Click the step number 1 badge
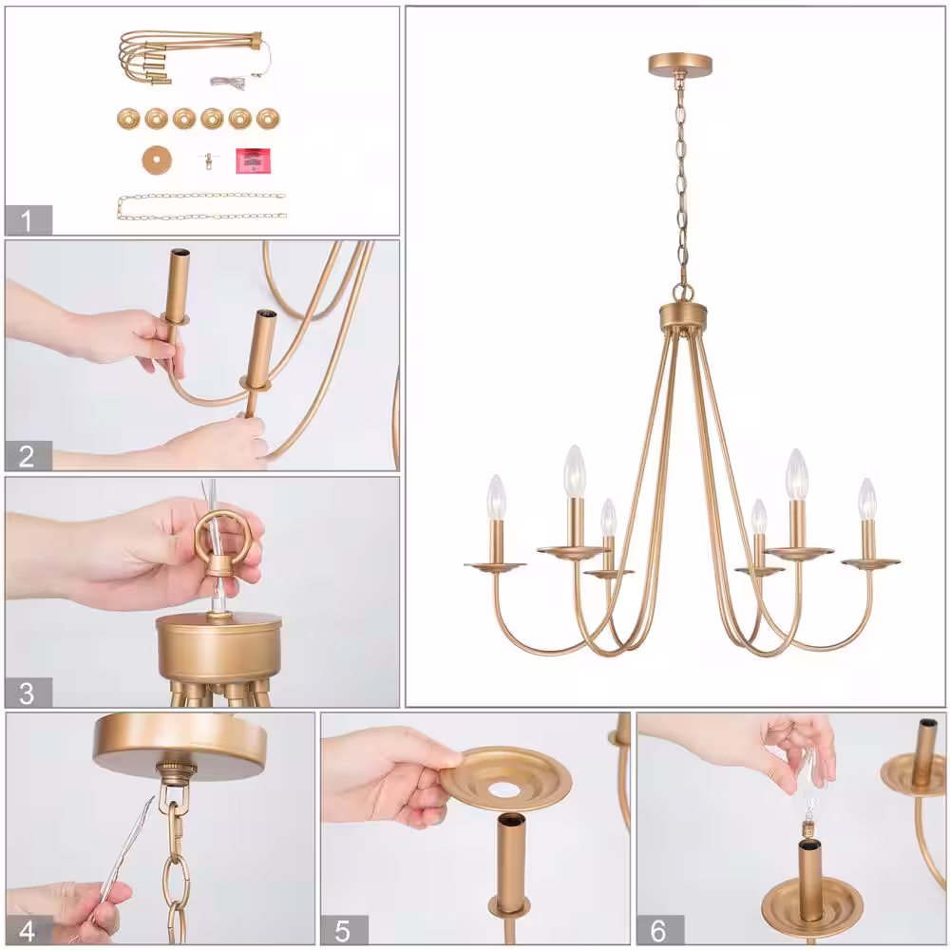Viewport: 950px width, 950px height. click(x=28, y=220)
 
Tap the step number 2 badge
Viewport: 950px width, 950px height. click(x=28, y=456)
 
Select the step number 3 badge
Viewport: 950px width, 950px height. click(x=28, y=693)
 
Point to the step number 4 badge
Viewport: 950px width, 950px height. click(x=28, y=929)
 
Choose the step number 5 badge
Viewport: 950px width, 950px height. click(x=344, y=929)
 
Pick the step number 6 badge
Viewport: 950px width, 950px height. click(x=660, y=929)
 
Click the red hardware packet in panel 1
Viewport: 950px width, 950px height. click(x=254, y=161)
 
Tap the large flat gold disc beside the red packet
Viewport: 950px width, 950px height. click(x=157, y=161)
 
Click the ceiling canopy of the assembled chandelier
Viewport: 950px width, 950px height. click(x=680, y=65)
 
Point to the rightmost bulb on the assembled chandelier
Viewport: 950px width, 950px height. click(x=867, y=500)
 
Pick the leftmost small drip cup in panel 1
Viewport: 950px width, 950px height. click(x=128, y=118)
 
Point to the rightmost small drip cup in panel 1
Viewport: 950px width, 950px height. click(x=268, y=118)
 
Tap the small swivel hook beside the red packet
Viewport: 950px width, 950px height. click(x=208, y=161)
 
